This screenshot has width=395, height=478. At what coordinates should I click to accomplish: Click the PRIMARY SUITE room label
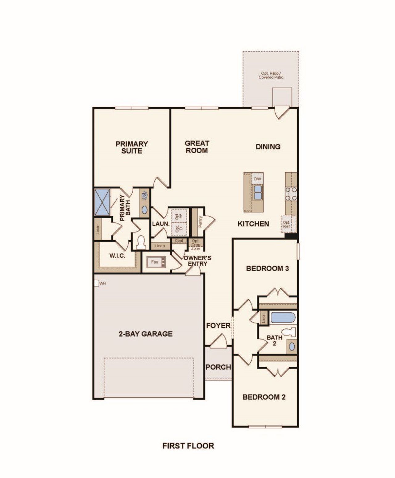click(x=131, y=147)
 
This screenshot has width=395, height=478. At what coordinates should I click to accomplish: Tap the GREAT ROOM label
click(x=197, y=147)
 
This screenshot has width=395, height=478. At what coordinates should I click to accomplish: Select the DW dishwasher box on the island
click(x=257, y=179)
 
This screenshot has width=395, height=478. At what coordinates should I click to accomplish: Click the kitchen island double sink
click(x=258, y=192)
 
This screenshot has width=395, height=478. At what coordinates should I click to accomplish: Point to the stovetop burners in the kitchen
click(x=291, y=194)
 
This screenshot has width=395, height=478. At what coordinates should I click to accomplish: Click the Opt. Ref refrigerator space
click(x=287, y=224)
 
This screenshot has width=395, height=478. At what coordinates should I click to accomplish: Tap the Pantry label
click(x=200, y=221)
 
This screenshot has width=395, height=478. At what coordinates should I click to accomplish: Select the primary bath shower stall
click(x=102, y=202)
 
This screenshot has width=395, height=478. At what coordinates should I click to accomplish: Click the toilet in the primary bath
click(x=141, y=242)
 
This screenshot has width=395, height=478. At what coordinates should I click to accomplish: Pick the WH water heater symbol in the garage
click(x=97, y=283)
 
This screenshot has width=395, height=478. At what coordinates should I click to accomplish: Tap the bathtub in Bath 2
click(x=283, y=318)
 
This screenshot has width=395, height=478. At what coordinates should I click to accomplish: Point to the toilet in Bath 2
click(x=289, y=332)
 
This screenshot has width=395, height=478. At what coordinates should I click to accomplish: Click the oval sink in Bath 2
click(x=292, y=346)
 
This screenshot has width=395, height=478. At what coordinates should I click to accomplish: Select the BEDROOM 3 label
click(x=267, y=268)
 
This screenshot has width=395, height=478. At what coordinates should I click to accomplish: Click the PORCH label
click(x=218, y=367)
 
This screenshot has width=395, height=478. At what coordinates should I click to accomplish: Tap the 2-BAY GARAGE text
click(x=146, y=334)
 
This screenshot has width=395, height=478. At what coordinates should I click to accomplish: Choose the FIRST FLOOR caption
click(x=188, y=446)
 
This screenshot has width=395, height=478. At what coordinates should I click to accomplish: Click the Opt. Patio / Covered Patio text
click(x=271, y=75)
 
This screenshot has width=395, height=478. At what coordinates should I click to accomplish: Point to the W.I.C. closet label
click(x=117, y=256)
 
